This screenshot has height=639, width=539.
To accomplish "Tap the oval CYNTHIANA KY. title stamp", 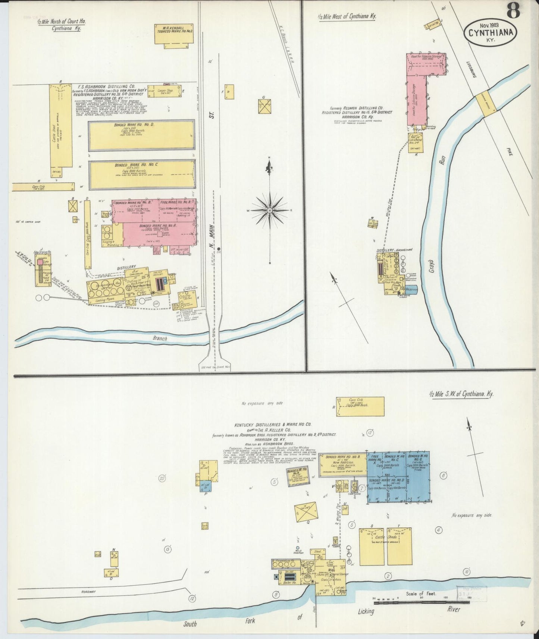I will (x=490, y=33).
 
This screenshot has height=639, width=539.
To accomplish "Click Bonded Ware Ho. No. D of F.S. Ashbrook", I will (x=141, y=135).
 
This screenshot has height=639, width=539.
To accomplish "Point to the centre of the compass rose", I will (x=269, y=211).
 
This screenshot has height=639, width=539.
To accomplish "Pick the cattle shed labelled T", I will (x=399, y=546).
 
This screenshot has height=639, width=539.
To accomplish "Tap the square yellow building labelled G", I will (x=264, y=107).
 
